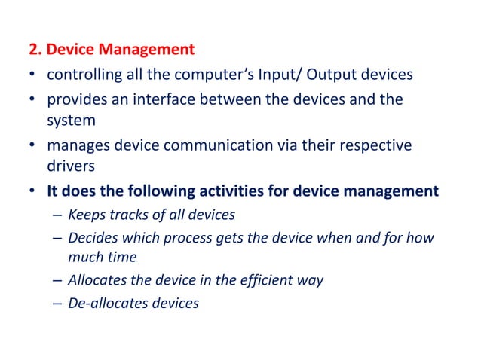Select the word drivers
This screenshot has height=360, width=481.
pos(69,163)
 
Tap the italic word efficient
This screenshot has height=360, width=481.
pos(258,280)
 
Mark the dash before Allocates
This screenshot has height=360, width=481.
pos(57,281)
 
